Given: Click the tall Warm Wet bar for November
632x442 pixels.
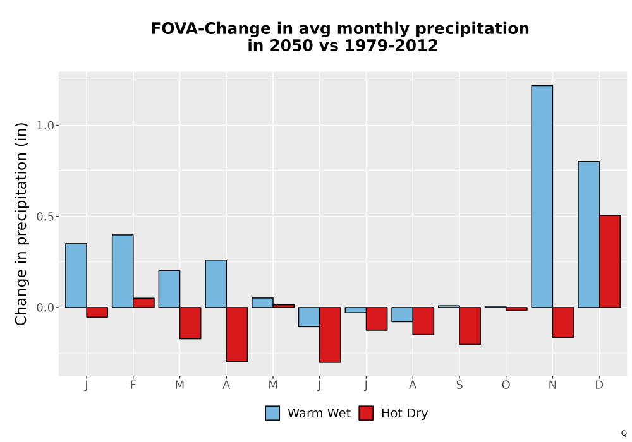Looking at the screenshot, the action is (542, 196).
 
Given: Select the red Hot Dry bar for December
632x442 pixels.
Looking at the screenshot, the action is (609, 261).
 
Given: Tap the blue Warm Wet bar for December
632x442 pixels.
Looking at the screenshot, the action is (588, 234).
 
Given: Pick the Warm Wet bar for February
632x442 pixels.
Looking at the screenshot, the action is (123, 271).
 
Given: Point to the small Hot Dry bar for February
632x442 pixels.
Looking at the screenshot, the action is (143, 302).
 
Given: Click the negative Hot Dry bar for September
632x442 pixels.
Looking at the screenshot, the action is (470, 326).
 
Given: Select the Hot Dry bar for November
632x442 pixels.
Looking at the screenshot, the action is (563, 322).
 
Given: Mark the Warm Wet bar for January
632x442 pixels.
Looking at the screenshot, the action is (76, 275).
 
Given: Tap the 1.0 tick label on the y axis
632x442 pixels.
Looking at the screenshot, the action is (45, 126).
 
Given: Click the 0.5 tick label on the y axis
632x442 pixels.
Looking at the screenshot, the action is (45, 217).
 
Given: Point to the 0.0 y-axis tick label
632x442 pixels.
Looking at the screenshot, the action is (45, 308).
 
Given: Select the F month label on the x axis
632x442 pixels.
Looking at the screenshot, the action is (133, 385).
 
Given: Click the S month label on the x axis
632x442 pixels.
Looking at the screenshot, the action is (459, 385).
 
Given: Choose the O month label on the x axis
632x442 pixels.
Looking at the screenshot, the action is (506, 385).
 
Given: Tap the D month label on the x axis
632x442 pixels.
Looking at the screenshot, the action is (599, 385).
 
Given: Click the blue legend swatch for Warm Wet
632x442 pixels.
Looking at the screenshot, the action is (272, 413).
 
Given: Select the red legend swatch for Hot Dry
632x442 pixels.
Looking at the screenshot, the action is (366, 413).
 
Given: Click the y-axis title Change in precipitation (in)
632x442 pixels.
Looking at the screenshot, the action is (21, 224).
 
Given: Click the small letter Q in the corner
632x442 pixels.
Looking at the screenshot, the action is (624, 433).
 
